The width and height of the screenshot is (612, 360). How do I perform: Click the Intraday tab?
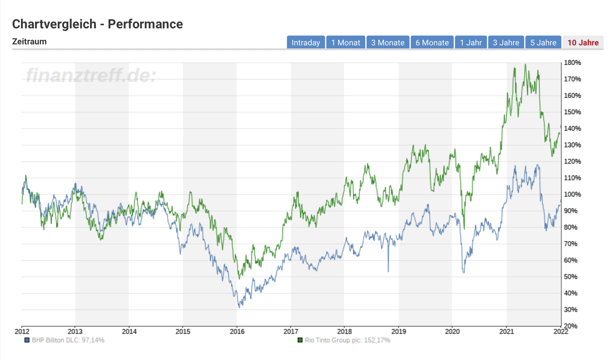click(305, 42)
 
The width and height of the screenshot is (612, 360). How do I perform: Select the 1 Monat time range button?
click(346, 42)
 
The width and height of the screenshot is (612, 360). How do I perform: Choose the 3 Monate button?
click(388, 42)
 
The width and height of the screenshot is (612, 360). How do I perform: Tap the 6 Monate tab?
click(432, 42)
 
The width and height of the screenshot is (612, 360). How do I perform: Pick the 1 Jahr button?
click(471, 42)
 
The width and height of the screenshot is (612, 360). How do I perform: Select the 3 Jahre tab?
click(506, 42)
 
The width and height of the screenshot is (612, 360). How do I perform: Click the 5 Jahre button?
click(543, 42)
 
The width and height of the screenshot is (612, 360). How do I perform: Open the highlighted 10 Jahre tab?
click(583, 42)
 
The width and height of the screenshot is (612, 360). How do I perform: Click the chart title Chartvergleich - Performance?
click(97, 24)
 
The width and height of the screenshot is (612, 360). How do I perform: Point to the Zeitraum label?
click(29, 42)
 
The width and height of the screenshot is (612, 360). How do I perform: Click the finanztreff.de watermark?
click(91, 75)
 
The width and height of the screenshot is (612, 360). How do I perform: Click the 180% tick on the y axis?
click(572, 63)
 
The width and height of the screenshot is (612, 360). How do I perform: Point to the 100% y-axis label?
click(572, 195)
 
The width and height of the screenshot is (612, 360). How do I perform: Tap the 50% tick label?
click(571, 277)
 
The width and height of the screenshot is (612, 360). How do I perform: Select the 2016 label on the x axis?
click(237, 332)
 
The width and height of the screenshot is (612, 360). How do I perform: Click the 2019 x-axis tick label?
click(399, 332)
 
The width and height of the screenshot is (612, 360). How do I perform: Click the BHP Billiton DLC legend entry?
click(65, 340)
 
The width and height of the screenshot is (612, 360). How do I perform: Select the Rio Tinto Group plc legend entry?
click(344, 340)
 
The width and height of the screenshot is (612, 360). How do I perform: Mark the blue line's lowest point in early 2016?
click(239, 307)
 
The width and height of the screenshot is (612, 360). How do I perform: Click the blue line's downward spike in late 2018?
click(388, 271)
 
